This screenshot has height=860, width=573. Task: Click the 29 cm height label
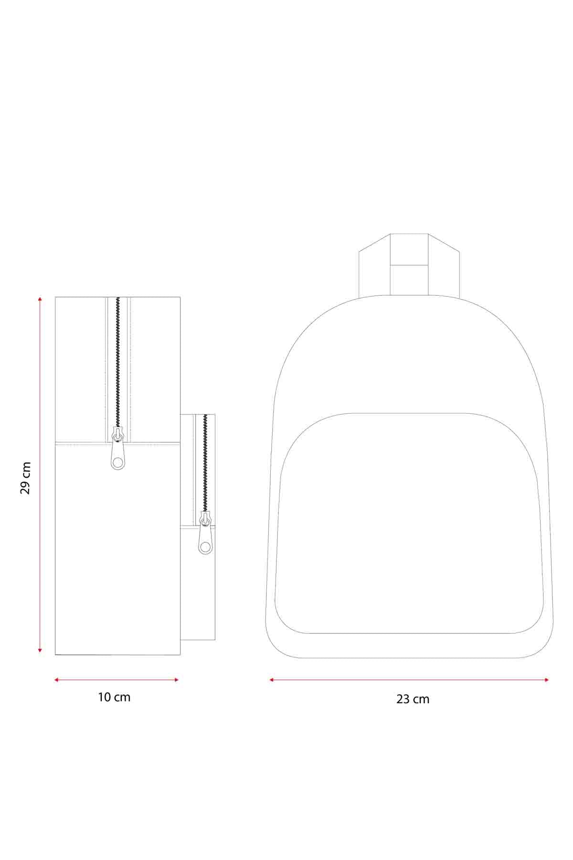[x=26, y=478]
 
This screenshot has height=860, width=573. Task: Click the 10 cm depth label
[x=114, y=697]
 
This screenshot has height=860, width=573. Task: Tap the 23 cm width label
[x=413, y=699]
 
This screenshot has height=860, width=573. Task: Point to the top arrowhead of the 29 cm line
[x=40, y=299]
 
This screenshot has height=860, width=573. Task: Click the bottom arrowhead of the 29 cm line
[x=40, y=650]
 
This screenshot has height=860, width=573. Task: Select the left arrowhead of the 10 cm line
[x=57, y=679]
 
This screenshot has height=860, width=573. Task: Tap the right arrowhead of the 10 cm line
[x=176, y=679]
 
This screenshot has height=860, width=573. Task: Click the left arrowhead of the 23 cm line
[x=272, y=679]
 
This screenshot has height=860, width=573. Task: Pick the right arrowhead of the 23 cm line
[x=546, y=679]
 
